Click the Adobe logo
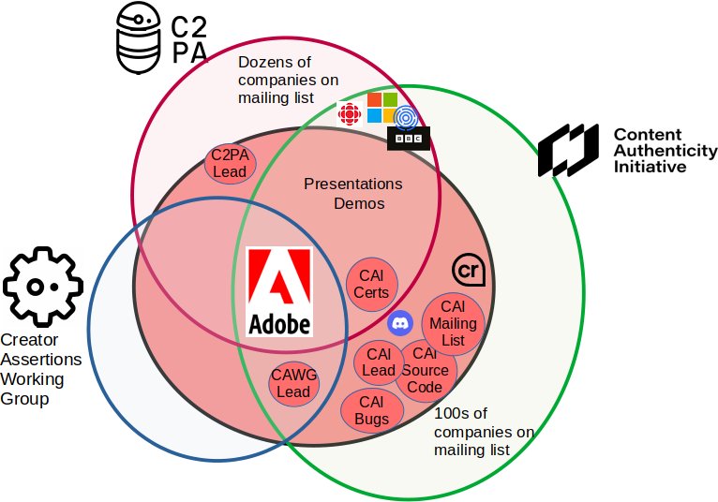[279, 292]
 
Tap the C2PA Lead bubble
[230, 164]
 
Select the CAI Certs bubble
[371, 284]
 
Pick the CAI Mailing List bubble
[453, 323]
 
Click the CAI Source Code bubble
[426, 372]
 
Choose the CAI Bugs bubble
[372, 410]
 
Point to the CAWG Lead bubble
[293, 383]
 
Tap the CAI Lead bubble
[379, 362]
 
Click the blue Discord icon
[400, 322]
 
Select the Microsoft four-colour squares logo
[382, 108]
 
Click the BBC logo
[409, 139]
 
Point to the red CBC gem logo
[350, 114]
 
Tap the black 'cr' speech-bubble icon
[469, 270]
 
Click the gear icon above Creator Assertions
[43, 287]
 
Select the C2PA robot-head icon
[139, 37]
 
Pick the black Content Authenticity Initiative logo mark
[568, 150]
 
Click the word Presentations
[353, 184]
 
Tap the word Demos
[359, 203]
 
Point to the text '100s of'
[460, 413]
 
